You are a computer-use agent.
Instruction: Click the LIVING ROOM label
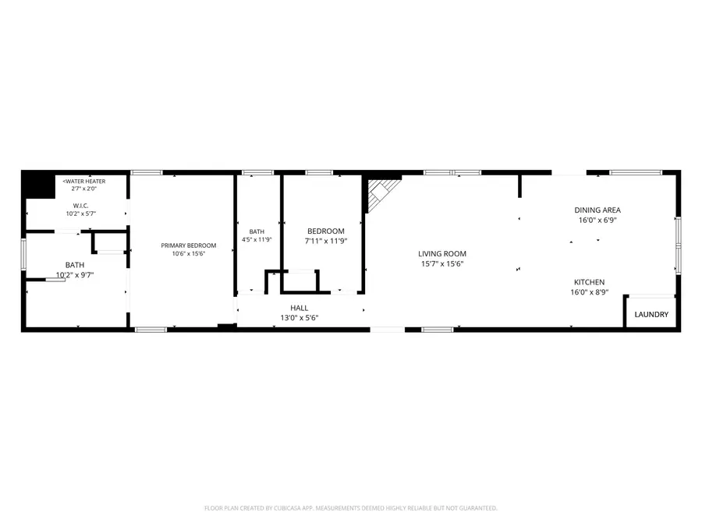pos(442,253)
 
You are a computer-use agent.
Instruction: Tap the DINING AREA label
pos(597,210)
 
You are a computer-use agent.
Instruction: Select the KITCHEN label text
pos(589,282)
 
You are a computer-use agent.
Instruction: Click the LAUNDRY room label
pos(651,315)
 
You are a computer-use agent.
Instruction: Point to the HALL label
pos(299,308)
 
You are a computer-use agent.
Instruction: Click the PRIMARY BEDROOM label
pos(189,245)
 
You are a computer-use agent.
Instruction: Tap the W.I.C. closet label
pos(80,206)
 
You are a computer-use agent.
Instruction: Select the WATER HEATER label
pos(84,181)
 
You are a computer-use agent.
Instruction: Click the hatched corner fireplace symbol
pos(381,192)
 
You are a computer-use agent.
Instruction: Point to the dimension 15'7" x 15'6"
pos(442,264)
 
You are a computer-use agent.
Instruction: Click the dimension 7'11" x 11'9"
pos(326,241)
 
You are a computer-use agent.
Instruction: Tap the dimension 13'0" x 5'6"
pos(299,318)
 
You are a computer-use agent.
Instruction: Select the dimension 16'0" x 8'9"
pos(589,292)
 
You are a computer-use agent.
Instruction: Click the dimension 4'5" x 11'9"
pos(257,239)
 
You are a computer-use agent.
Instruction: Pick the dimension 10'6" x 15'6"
pos(189,253)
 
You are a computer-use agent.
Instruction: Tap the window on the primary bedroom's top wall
pos(147,172)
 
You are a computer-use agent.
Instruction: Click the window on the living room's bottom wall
pos(438,330)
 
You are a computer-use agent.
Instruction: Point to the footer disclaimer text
pos(350,508)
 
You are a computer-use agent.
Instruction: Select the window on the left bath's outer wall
pos(23,255)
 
